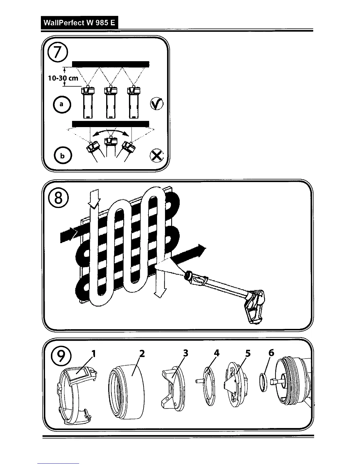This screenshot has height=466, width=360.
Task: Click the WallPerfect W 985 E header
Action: [x=79, y=23]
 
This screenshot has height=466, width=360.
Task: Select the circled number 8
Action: [x=58, y=198]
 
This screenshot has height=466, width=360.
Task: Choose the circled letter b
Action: [x=62, y=156]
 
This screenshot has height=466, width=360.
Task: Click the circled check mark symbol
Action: [x=157, y=104]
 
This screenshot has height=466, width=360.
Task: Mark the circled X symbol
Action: [x=156, y=155]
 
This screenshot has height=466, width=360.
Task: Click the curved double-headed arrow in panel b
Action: [x=110, y=132]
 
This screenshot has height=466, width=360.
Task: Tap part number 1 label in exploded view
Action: [x=94, y=353]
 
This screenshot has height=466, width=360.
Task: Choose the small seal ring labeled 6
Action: [x=264, y=382]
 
